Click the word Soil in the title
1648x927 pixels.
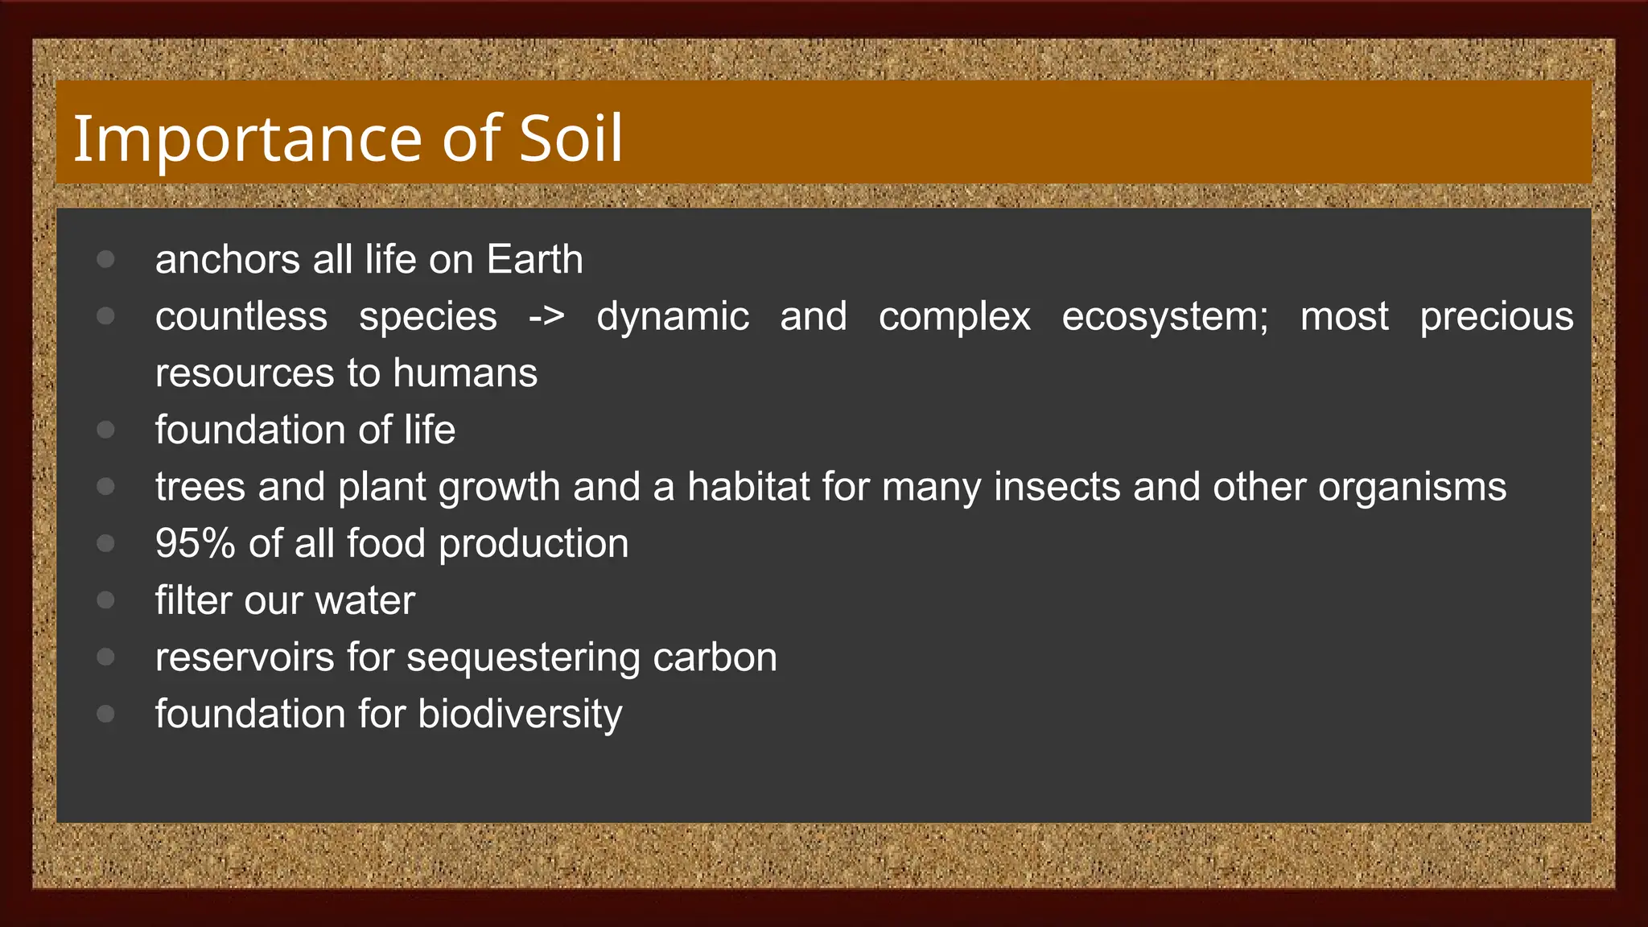pyautogui.click(x=571, y=138)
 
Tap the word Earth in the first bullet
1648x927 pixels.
pyautogui.click(x=534, y=259)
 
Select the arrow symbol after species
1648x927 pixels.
pyautogui.click(x=546, y=316)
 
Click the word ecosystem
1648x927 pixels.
pyautogui.click(x=1164, y=316)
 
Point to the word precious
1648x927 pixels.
pyautogui.click(x=1496, y=316)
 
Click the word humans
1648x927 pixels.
pyautogui.click(x=465, y=373)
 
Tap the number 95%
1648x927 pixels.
pyautogui.click(x=195, y=543)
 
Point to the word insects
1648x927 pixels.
pyautogui.click(x=1057, y=487)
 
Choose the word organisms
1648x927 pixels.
pyautogui.click(x=1411, y=487)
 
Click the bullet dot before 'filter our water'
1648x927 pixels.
pyautogui.click(x=105, y=600)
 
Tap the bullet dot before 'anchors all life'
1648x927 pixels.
pyautogui.click(x=105, y=259)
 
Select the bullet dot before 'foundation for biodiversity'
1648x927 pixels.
pyautogui.click(x=105, y=714)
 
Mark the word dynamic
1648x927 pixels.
pyautogui.click(x=673, y=316)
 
